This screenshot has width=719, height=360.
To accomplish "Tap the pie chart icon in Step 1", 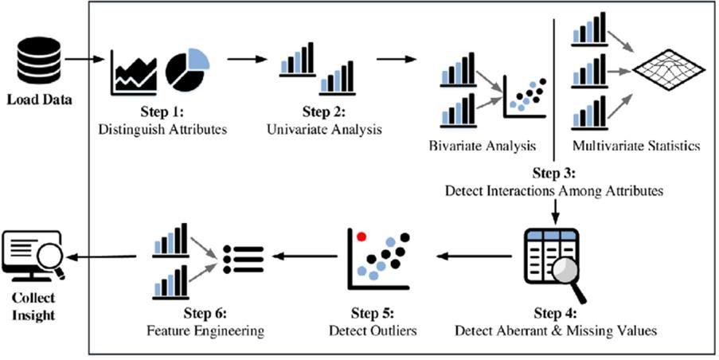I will click(x=186, y=70).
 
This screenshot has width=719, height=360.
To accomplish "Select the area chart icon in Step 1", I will click(x=135, y=72).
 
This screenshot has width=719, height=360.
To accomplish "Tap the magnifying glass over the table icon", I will click(x=568, y=280).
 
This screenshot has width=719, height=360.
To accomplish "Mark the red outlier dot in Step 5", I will click(x=361, y=236).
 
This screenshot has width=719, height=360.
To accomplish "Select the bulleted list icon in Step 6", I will click(x=243, y=260).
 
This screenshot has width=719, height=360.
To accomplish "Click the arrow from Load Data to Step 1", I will click(x=82, y=60).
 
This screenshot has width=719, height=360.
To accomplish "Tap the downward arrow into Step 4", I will click(x=555, y=209).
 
